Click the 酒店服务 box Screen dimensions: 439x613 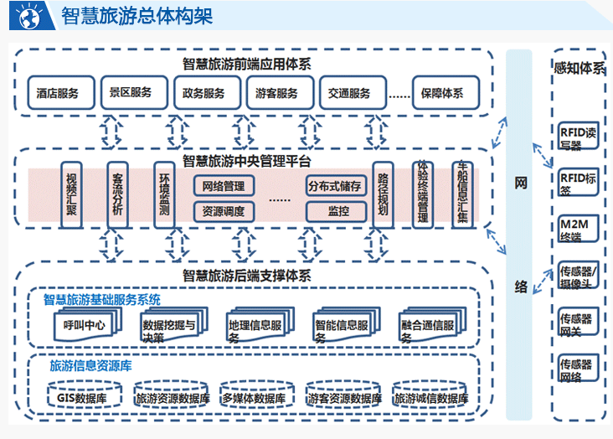click(x=58, y=94)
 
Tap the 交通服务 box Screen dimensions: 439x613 click(x=349, y=94)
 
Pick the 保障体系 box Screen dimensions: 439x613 click(x=443, y=94)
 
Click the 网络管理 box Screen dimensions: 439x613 click(x=224, y=186)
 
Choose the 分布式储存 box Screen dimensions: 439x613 click(x=335, y=186)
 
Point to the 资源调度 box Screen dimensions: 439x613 click(x=224, y=211)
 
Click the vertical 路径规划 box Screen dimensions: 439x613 click(x=383, y=194)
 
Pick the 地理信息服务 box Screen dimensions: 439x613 click(x=256, y=327)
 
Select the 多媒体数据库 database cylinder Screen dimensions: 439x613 click(x=254, y=397)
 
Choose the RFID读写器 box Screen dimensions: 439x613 click(x=579, y=137)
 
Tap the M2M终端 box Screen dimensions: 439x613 click(x=579, y=229)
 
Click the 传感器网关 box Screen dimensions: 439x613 click(x=579, y=323)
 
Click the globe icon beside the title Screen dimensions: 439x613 click(x=28, y=15)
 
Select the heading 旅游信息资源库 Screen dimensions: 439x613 click(x=90, y=366)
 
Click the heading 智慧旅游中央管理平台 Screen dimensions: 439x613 click(x=246, y=161)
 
